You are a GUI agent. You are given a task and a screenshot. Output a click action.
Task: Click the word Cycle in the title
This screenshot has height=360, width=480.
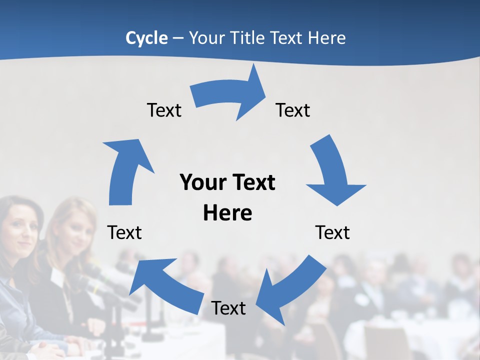(x=146, y=38)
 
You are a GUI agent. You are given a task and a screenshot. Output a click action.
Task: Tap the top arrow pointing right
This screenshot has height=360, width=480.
(x=230, y=95)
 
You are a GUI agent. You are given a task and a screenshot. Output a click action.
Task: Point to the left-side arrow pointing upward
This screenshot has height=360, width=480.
(x=125, y=170)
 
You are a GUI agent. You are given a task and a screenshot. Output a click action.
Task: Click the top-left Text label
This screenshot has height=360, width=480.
(x=164, y=110)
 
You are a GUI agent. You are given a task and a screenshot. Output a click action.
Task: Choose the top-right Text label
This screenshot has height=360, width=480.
(x=293, y=110)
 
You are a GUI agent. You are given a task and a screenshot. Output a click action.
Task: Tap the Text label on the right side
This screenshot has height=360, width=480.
(x=332, y=232)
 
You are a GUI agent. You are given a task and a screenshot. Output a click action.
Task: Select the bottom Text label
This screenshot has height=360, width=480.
(x=228, y=308)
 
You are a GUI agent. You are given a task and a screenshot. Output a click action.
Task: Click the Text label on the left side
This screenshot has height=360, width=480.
(x=124, y=232)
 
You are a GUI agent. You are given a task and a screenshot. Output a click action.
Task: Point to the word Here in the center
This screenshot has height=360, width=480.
(x=227, y=213)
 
